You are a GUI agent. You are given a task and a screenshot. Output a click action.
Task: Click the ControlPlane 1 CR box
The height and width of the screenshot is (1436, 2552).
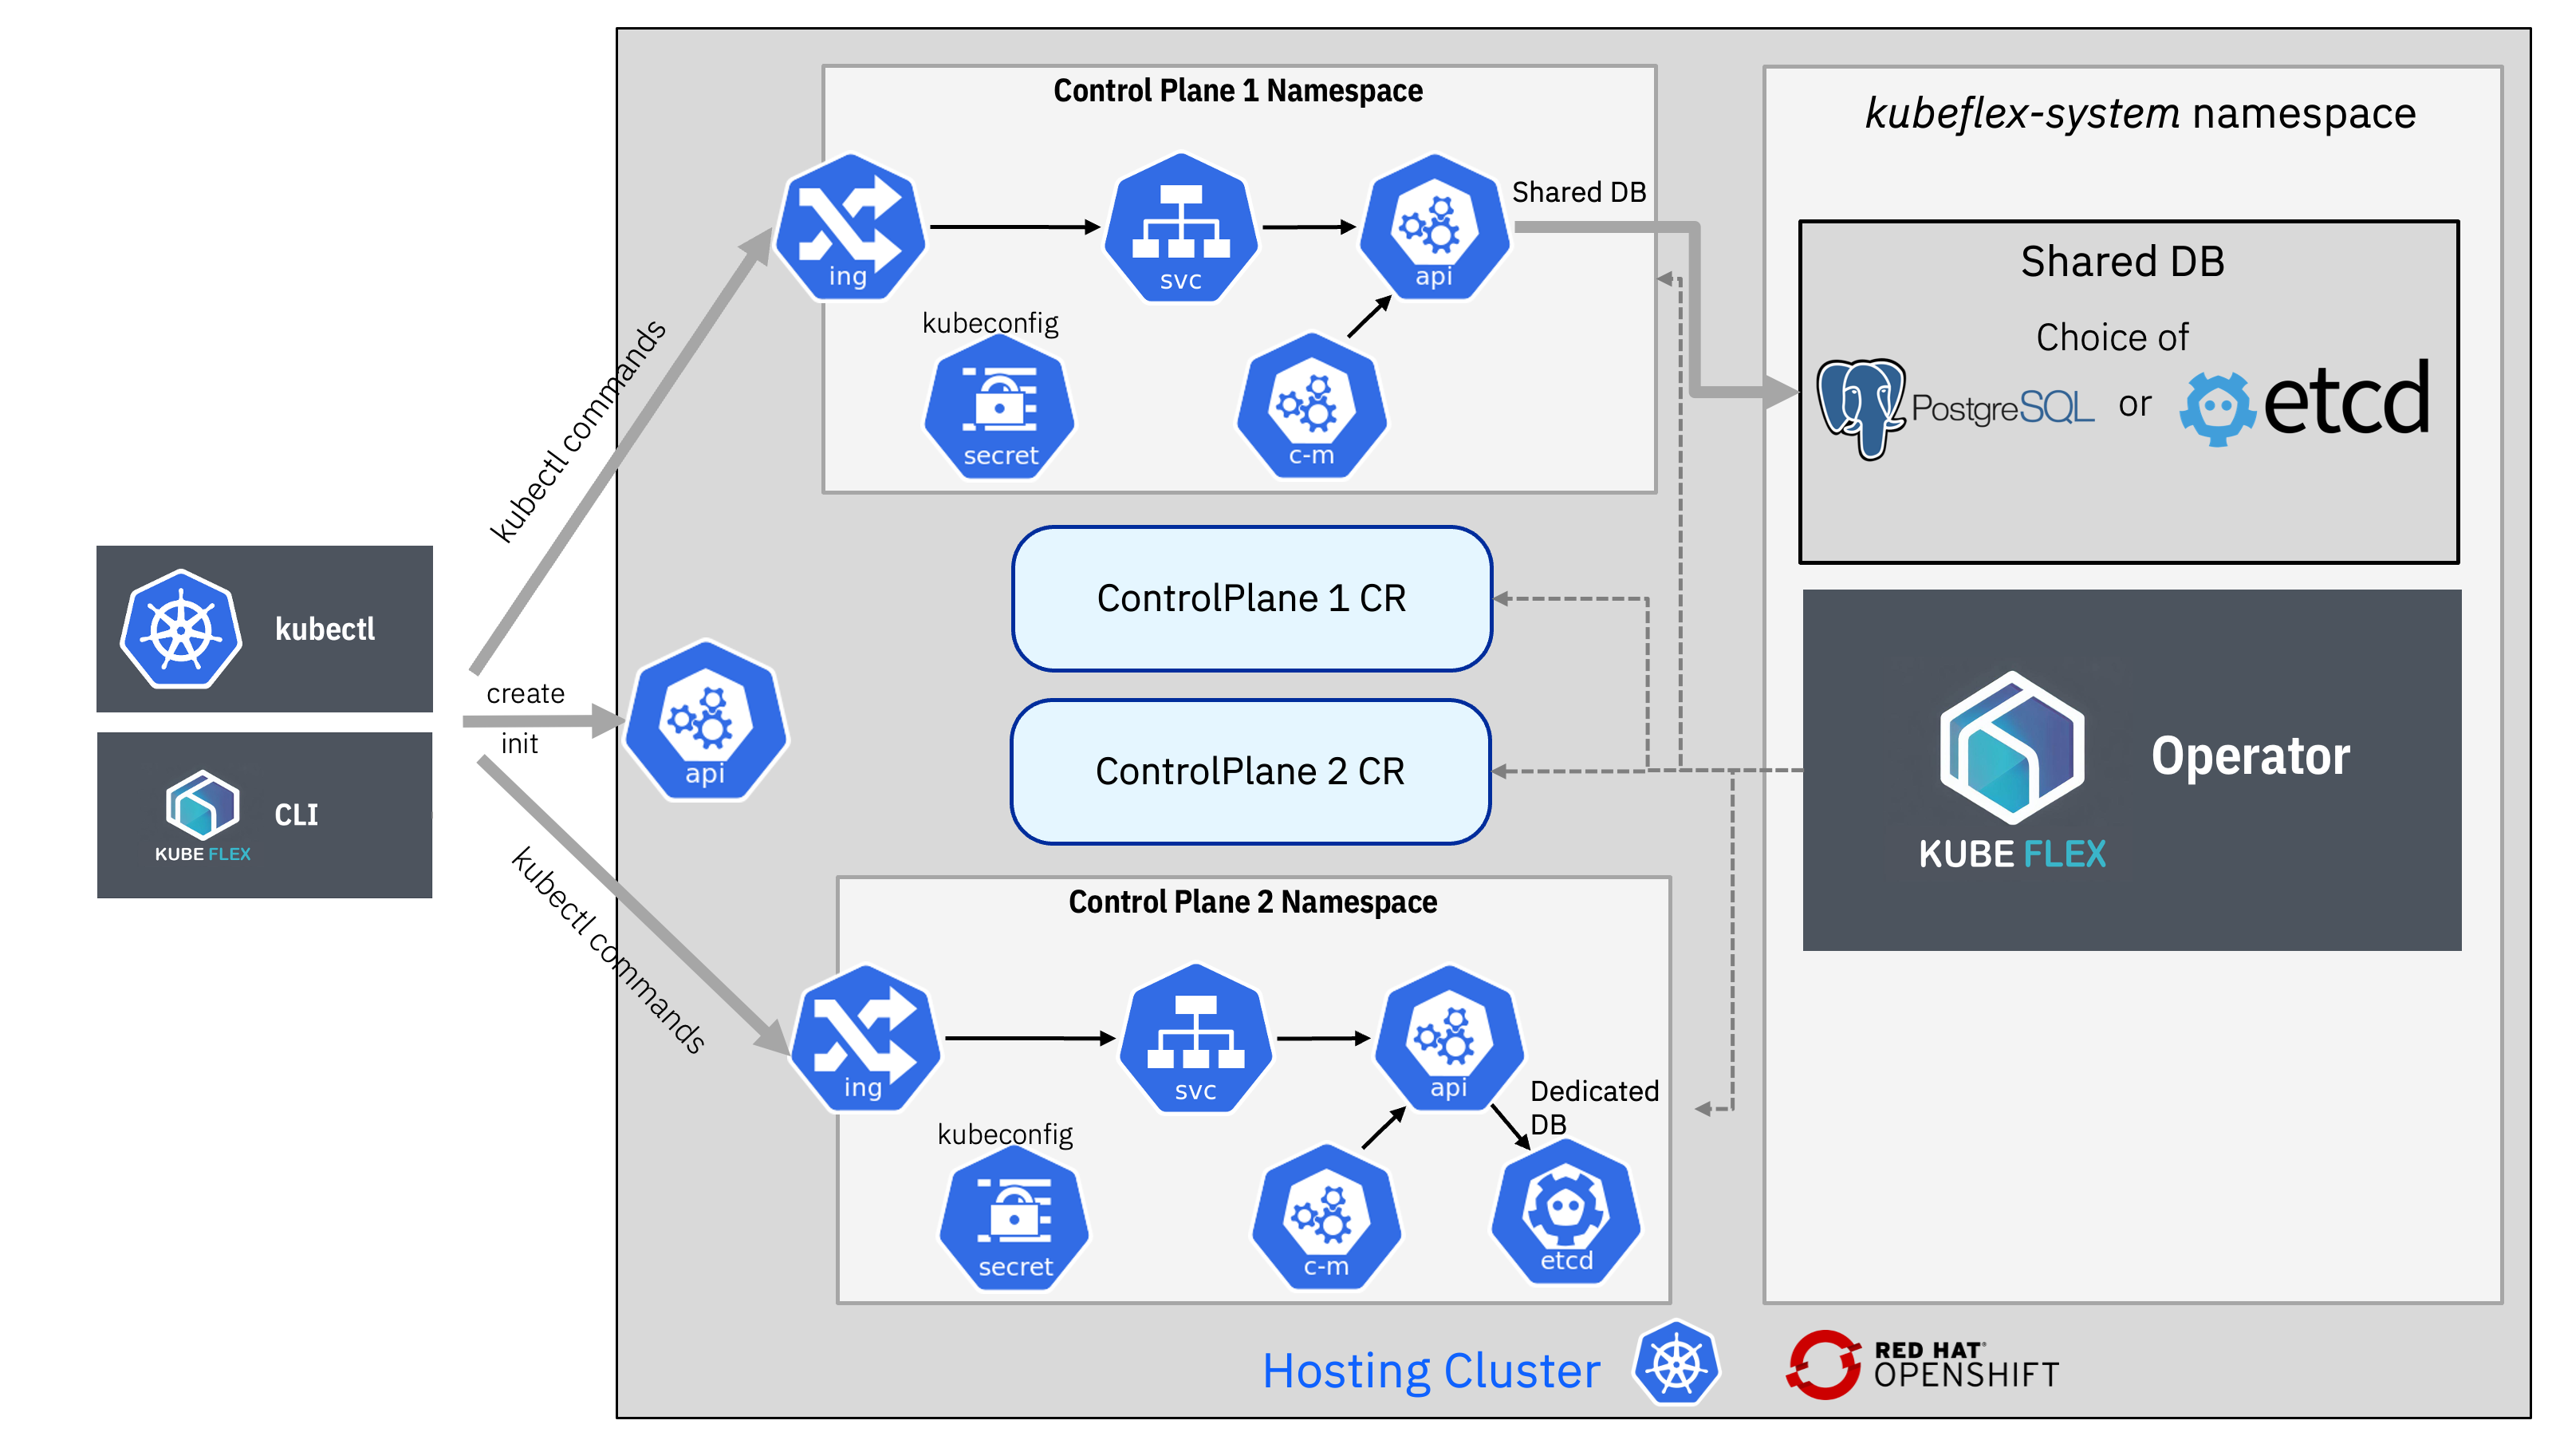1251,598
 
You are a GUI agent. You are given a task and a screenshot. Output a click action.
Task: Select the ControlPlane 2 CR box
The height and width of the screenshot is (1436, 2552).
1250,771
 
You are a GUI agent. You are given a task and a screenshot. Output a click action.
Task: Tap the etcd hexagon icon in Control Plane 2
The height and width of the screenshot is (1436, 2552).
1565,1211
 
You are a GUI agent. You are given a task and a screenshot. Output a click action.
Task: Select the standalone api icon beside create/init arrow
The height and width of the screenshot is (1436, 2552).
705,721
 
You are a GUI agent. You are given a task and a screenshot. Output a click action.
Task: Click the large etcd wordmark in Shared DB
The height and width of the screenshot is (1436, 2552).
2346,400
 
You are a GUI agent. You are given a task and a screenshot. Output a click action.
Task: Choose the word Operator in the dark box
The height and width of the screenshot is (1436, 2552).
2250,756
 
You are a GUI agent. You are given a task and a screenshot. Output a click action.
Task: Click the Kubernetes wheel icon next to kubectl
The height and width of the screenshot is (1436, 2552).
180,629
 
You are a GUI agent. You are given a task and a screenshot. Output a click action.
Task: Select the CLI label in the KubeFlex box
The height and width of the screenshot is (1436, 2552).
295,815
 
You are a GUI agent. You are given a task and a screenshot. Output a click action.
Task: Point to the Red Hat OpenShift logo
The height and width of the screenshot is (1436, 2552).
1922,1365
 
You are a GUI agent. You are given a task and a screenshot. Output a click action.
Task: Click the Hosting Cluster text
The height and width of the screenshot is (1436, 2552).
1431,1371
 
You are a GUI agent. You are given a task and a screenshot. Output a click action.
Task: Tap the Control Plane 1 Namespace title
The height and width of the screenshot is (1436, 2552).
1238,91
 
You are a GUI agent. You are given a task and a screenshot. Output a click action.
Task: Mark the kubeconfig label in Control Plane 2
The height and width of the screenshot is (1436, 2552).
1005,1134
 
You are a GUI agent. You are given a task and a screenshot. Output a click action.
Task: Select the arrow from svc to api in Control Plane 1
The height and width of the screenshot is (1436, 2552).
1308,227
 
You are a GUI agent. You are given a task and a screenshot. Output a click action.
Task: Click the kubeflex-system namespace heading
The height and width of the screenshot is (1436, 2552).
2140,114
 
